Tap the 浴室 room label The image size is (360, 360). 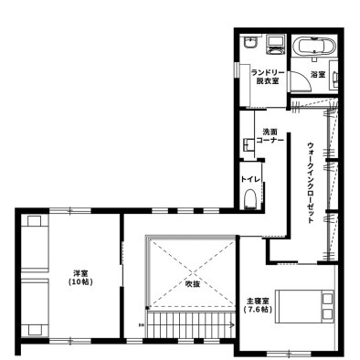[x=318, y=74]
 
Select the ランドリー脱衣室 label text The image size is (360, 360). [x=268, y=77]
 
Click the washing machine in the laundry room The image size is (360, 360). [x=276, y=45]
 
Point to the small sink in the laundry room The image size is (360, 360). [x=250, y=43]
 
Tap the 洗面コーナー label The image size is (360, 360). [x=270, y=136]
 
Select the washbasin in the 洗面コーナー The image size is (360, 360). [x=249, y=144]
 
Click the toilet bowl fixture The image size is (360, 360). [x=250, y=199]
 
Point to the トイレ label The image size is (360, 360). [x=250, y=179]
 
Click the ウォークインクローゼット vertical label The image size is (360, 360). [x=311, y=183]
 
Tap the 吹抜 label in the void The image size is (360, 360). [x=193, y=284]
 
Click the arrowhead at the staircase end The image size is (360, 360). [x=232, y=324]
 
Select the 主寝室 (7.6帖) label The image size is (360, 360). [x=258, y=305]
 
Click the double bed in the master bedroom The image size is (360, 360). [x=304, y=306]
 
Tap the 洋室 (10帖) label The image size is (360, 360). [x=79, y=278]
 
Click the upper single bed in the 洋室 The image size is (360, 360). [x=35, y=243]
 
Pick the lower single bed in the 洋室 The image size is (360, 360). [x=35, y=308]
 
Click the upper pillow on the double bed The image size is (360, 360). [x=328, y=298]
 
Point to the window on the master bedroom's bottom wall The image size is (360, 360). [x=289, y=354]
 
